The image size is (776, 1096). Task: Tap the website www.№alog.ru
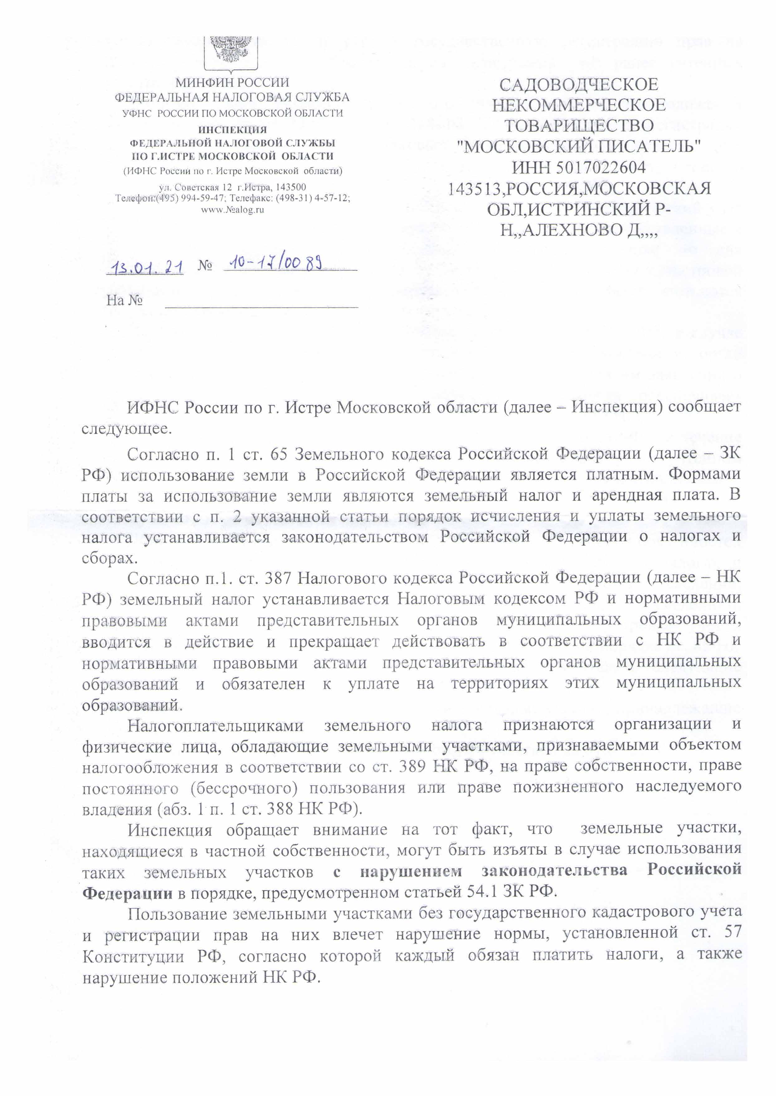[x=232, y=209]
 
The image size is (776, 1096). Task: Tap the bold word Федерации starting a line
[x=127, y=892]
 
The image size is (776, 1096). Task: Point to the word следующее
[x=126, y=428]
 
